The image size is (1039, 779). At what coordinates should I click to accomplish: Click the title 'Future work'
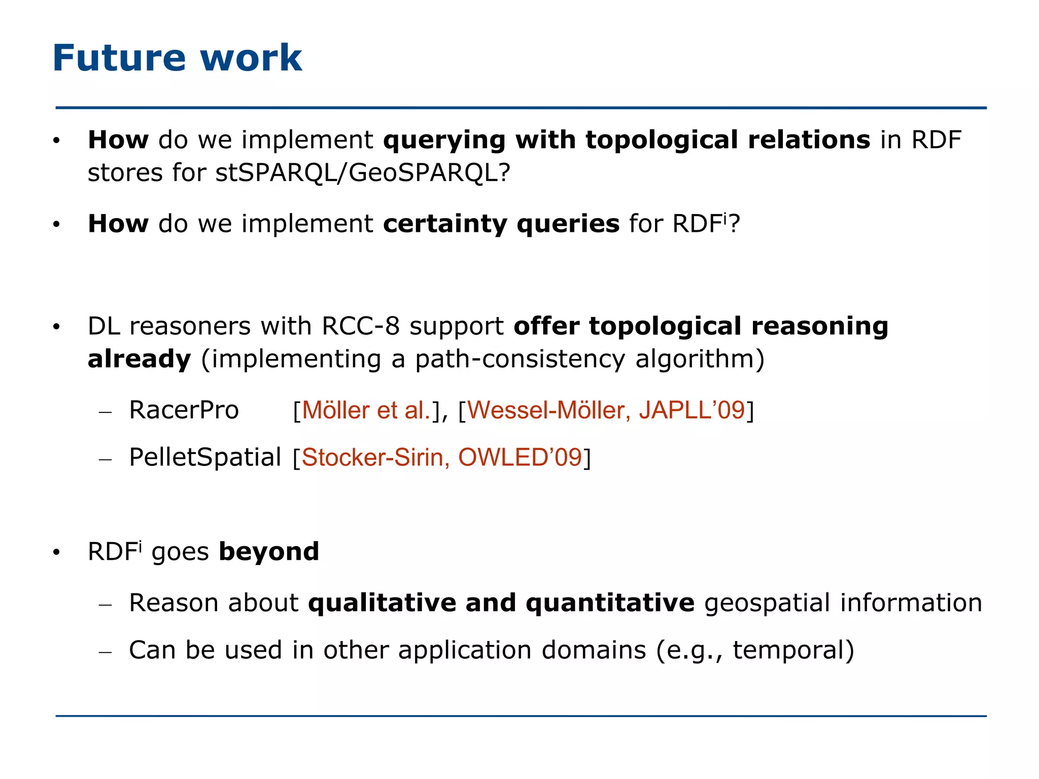pyautogui.click(x=177, y=58)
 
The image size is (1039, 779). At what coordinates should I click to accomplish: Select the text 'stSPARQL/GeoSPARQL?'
pyautogui.click(x=363, y=173)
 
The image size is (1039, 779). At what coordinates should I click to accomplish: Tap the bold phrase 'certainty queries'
pyautogui.click(x=501, y=224)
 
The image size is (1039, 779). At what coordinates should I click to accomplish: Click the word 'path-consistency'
pyautogui.click(x=520, y=359)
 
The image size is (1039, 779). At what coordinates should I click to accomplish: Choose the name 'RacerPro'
pyautogui.click(x=184, y=410)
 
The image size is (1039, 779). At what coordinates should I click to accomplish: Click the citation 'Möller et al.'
pyautogui.click(x=366, y=410)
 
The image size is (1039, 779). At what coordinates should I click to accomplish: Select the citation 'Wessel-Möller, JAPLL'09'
pyautogui.click(x=606, y=410)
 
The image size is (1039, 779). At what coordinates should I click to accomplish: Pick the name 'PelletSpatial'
pyautogui.click(x=205, y=457)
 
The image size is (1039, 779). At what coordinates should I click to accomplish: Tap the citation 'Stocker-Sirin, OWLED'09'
pyautogui.click(x=441, y=457)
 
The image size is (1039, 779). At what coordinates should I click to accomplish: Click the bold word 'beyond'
pyautogui.click(x=269, y=552)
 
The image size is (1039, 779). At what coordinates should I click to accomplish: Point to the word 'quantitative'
pyautogui.click(x=610, y=603)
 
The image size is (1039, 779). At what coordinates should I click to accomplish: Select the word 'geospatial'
pyautogui.click(x=767, y=603)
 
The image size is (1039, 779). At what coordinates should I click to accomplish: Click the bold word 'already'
pyautogui.click(x=139, y=359)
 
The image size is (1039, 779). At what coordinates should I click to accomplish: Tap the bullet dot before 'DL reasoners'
pyautogui.click(x=56, y=327)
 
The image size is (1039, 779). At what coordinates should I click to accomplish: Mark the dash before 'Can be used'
pyautogui.click(x=105, y=652)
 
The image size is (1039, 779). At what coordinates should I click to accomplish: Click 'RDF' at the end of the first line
pyautogui.click(x=936, y=140)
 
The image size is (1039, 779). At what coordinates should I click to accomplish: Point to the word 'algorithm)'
pyautogui.click(x=700, y=359)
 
